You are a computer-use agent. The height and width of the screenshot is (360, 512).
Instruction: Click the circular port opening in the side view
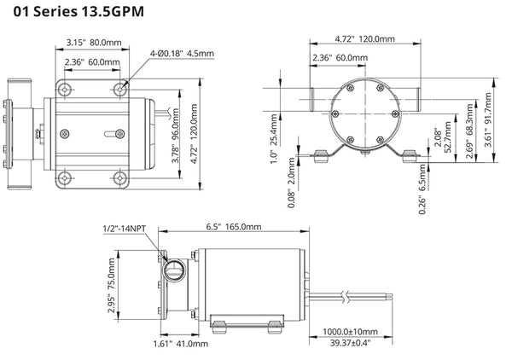(174, 274)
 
